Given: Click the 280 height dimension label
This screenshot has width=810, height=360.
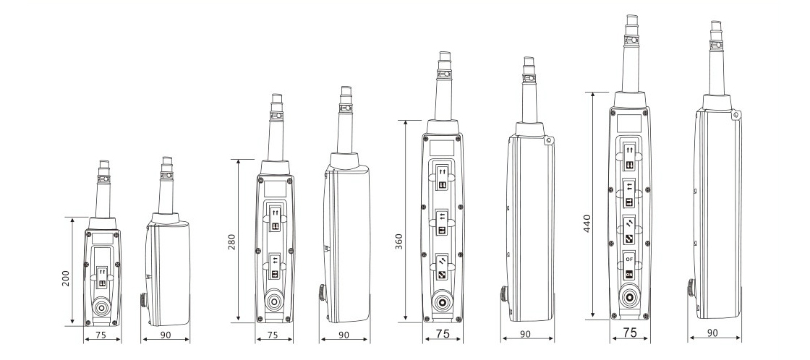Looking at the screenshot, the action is click(x=231, y=241).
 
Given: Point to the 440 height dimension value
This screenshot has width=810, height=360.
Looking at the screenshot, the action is click(x=587, y=223).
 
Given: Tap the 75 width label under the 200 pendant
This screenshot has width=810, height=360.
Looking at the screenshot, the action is click(x=101, y=335).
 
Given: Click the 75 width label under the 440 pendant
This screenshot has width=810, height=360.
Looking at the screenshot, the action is click(x=630, y=333).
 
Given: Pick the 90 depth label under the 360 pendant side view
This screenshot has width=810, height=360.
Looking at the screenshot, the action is click(x=525, y=334).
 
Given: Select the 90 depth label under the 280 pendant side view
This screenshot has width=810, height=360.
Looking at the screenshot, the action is click(x=344, y=335).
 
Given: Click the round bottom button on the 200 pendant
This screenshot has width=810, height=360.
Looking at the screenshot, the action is click(x=102, y=309).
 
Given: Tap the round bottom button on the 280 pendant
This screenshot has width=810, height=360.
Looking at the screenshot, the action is click(x=274, y=302).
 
